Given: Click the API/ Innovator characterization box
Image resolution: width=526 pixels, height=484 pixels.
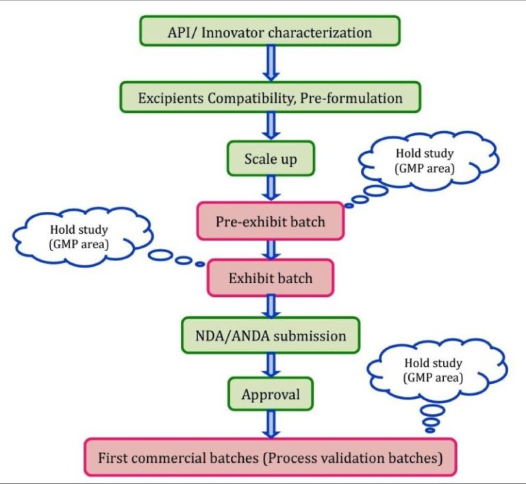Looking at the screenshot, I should pos(269,32).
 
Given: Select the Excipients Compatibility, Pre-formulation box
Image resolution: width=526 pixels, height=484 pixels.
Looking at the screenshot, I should pos(270,98).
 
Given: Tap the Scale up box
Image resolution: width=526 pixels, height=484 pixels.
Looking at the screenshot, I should pos(270,159).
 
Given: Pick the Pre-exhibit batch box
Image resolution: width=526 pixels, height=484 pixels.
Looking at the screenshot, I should pos(270,221).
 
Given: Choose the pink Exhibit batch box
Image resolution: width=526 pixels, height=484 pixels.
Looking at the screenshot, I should pos(270,278).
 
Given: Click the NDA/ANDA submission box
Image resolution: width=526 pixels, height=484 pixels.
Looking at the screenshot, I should pos(270,336).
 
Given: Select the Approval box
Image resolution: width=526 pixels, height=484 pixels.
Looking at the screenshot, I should pos(270,395).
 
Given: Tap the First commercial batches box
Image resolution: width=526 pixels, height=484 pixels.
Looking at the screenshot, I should pos(270,457).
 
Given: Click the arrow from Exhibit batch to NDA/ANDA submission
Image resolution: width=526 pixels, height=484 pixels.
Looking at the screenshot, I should pos(270,306).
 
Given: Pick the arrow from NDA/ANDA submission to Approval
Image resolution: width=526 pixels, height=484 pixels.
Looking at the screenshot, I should pos(270,365).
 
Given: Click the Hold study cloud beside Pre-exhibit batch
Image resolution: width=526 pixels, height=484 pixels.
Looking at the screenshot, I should pos(429,159).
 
